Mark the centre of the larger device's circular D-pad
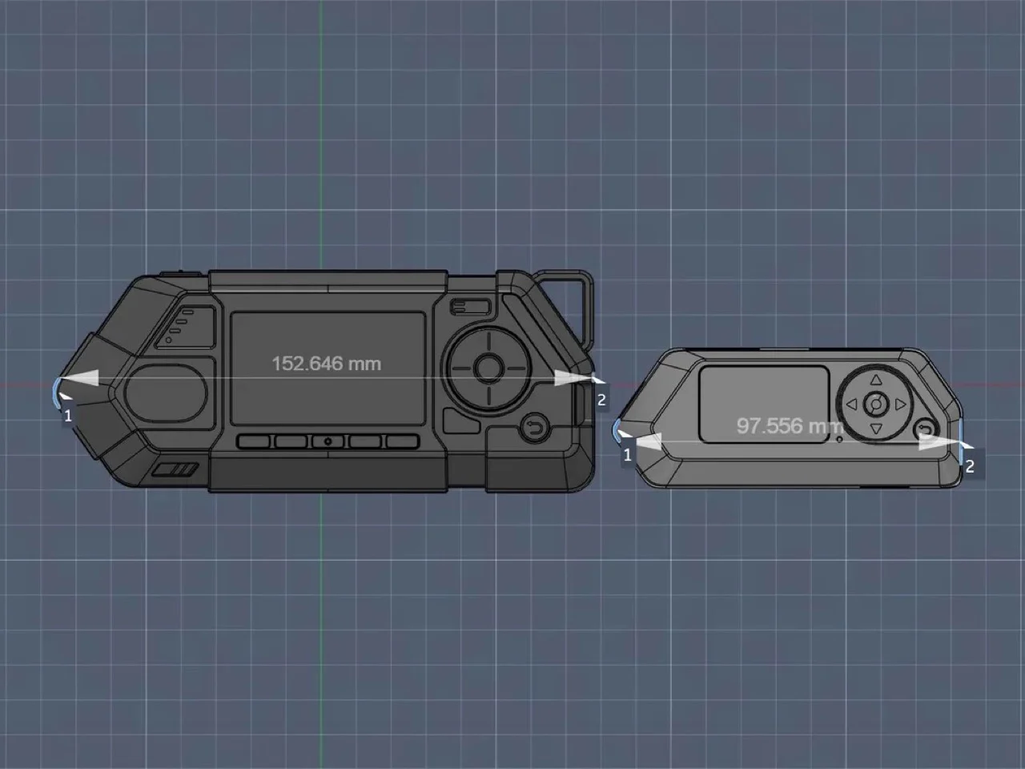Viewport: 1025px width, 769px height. pyautogui.click(x=488, y=368)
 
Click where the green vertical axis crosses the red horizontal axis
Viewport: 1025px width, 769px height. pyautogui.click(x=321, y=385)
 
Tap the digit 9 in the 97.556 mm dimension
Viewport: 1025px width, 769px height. pyautogui.click(x=742, y=426)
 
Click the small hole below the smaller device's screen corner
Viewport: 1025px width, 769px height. pyautogui.click(x=839, y=439)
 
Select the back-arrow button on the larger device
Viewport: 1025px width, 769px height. pyautogui.click(x=535, y=428)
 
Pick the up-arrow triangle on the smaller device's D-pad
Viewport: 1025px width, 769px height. pyautogui.click(x=876, y=380)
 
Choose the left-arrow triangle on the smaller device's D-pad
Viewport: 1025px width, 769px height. pyautogui.click(x=852, y=405)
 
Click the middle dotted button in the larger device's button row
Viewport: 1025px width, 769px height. pyautogui.click(x=328, y=441)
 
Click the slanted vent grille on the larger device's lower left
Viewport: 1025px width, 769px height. pyautogui.click(x=175, y=469)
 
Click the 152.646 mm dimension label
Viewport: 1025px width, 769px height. pyautogui.click(x=327, y=364)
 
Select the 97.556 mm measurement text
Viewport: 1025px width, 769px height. pyautogui.click(x=790, y=426)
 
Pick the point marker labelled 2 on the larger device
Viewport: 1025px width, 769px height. pyautogui.click(x=601, y=400)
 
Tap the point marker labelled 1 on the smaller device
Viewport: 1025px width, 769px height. pyautogui.click(x=628, y=454)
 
